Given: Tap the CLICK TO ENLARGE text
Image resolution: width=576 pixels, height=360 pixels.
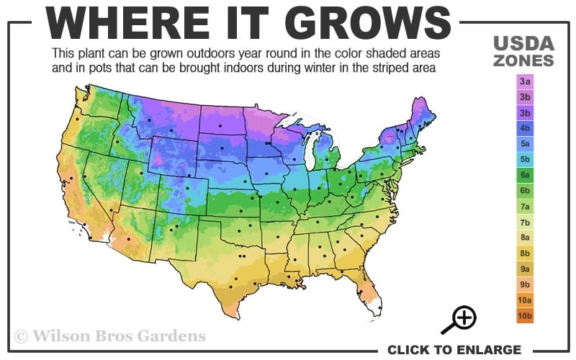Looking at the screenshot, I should click(x=454, y=350).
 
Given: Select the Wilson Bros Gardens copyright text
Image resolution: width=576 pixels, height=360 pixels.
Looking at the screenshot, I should click(x=109, y=336).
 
